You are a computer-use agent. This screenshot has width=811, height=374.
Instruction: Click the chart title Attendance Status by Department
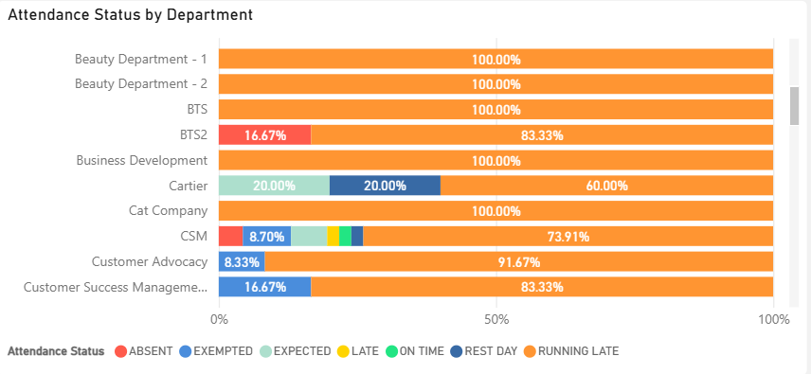pos(131,15)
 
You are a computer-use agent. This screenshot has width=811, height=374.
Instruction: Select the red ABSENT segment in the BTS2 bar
pos(265,134)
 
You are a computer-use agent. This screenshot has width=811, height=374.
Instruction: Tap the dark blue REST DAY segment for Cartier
pos(385,186)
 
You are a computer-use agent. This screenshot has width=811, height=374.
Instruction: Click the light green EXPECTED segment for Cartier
pos(274,186)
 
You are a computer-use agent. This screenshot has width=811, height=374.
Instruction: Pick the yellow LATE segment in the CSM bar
pos(333,236)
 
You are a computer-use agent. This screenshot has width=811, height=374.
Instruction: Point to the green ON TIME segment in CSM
pos(345,236)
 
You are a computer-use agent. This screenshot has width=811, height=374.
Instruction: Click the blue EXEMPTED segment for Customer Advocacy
pos(242,261)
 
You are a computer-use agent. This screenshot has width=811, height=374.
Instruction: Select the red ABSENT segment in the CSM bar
pos(230,236)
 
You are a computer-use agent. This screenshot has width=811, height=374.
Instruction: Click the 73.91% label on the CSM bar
pos(568,237)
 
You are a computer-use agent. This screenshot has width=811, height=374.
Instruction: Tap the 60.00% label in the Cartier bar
pos(606,186)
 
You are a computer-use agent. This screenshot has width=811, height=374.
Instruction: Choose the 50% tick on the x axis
pos(496,319)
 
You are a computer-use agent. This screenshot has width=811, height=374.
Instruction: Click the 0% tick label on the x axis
pos(219,319)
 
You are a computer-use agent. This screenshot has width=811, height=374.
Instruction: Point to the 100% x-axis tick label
pos(773,319)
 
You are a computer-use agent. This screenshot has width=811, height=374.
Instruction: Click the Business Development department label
pos(142,160)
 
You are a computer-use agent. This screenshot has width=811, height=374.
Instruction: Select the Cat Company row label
pos(168,211)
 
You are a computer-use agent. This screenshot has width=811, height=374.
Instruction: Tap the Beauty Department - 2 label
pos(140,83)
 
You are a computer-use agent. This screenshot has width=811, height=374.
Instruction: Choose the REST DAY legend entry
pos(484,351)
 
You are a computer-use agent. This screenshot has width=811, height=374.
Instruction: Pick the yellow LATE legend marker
pos(343,351)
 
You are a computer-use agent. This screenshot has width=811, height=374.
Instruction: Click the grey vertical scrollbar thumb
pos(795,106)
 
